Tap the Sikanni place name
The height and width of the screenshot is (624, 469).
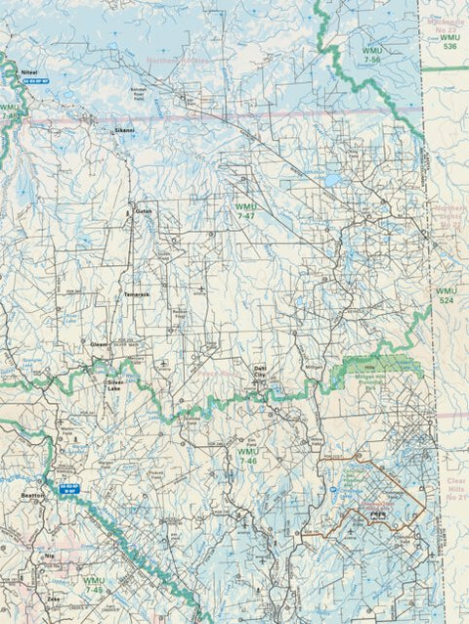point(124,129)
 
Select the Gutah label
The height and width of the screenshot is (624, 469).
point(144,210)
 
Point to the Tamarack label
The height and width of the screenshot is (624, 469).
point(137,293)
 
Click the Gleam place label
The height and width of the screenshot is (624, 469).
point(100,344)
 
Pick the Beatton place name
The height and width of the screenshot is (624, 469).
point(32,497)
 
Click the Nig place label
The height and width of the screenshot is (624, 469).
point(50,555)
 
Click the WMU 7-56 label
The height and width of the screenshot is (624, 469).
point(371,54)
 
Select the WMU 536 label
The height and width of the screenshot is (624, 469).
point(448,41)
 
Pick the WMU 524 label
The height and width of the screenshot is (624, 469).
point(447,295)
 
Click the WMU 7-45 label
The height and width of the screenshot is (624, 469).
point(94,585)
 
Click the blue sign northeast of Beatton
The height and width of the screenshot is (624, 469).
point(67,485)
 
